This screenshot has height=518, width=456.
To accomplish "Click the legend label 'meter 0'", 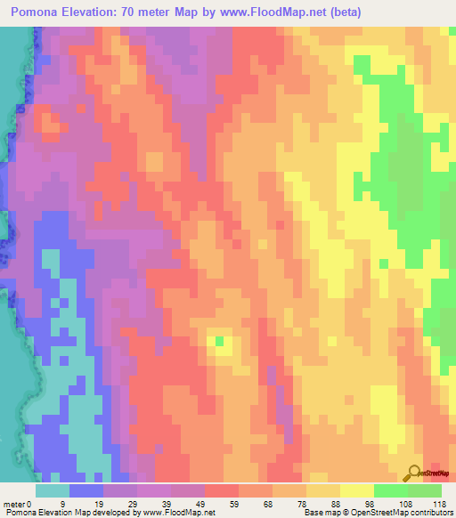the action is tap(17, 503).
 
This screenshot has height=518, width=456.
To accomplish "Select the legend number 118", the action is tap(438, 503).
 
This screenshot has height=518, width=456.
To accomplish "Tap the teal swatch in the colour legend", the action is tap(53, 490).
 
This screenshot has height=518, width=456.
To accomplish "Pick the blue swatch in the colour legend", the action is tap(86, 490).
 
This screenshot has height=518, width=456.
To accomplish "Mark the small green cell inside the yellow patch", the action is tap(219, 340).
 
